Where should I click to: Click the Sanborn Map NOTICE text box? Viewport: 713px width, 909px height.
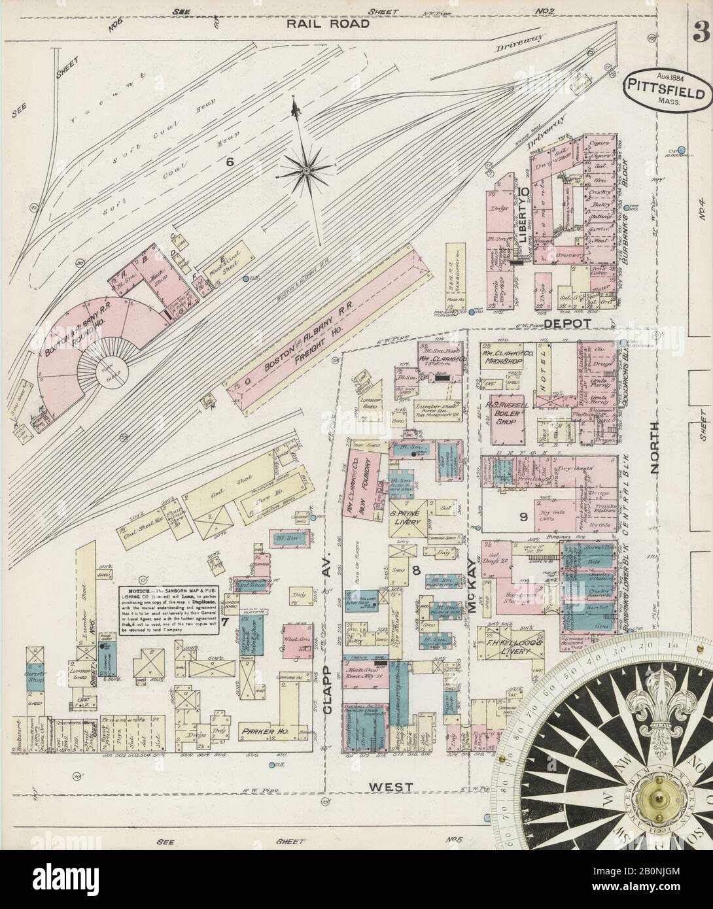tap(170, 615)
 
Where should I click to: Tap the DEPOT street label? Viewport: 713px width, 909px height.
tap(568, 323)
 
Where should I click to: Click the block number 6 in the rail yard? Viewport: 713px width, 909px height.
tap(230, 162)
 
